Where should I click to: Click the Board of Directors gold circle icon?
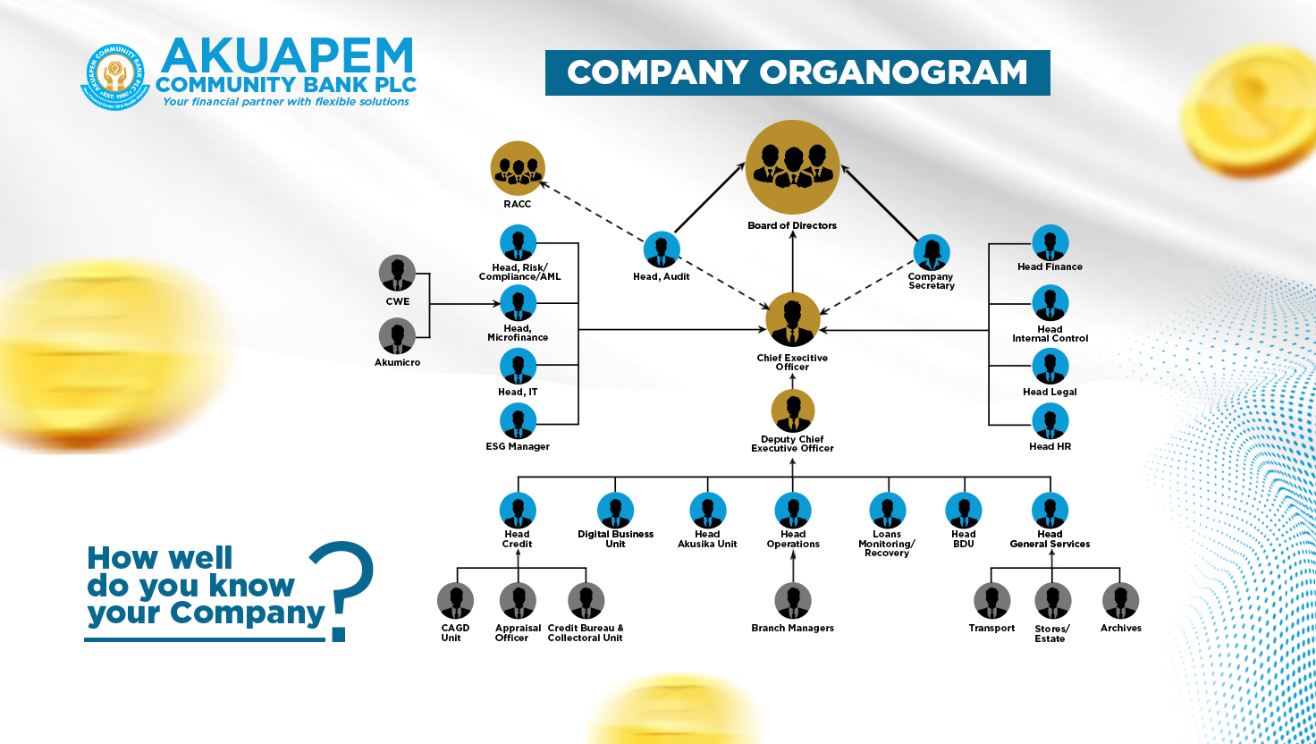tap(792, 167)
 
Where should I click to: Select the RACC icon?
tap(518, 168)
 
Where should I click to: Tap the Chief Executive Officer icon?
tap(792, 319)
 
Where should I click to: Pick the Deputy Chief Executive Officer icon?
tap(792, 410)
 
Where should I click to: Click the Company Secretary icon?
tap(932, 252)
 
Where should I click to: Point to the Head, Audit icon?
tap(662, 249)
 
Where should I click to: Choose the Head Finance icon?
tap(1050, 242)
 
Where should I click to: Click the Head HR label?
tap(1050, 446)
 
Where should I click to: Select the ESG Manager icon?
tap(518, 421)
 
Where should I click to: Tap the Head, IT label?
tap(518, 392)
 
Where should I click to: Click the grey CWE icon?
tap(397, 273)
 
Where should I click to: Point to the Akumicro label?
tap(397, 362)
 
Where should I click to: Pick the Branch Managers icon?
tap(792, 601)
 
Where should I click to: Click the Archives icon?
tap(1120, 601)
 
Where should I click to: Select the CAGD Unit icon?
tap(455, 601)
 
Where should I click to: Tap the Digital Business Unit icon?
tap(615, 510)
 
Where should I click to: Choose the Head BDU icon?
tap(964, 510)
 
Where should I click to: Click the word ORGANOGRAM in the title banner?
tap(893, 72)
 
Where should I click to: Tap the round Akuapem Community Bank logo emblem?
tap(115, 77)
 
